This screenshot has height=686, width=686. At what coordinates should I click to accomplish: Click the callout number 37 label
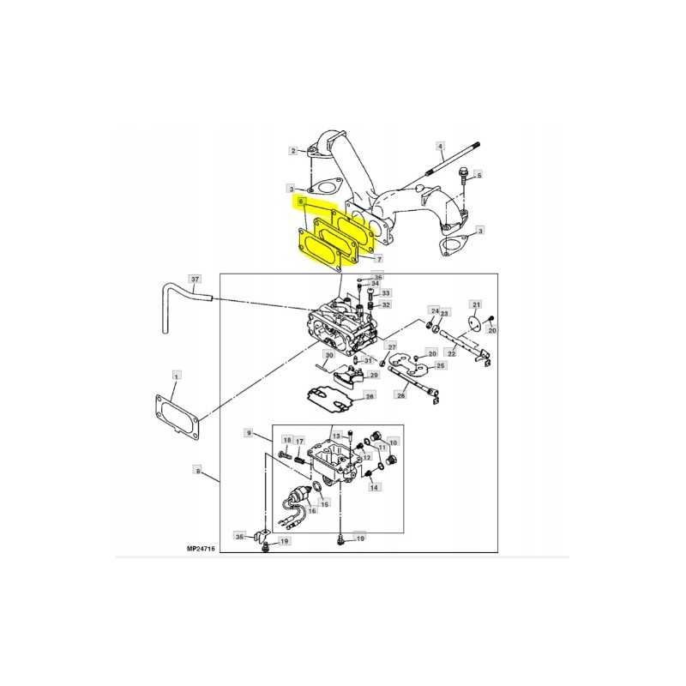tap(195, 279)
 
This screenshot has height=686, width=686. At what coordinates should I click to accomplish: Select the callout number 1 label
tap(176, 376)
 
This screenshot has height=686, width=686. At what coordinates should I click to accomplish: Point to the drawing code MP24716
tap(201, 549)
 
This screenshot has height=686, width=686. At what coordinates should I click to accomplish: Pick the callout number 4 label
tap(441, 146)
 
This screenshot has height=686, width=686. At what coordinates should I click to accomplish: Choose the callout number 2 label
tap(293, 151)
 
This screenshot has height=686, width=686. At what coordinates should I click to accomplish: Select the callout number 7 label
tap(379, 259)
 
